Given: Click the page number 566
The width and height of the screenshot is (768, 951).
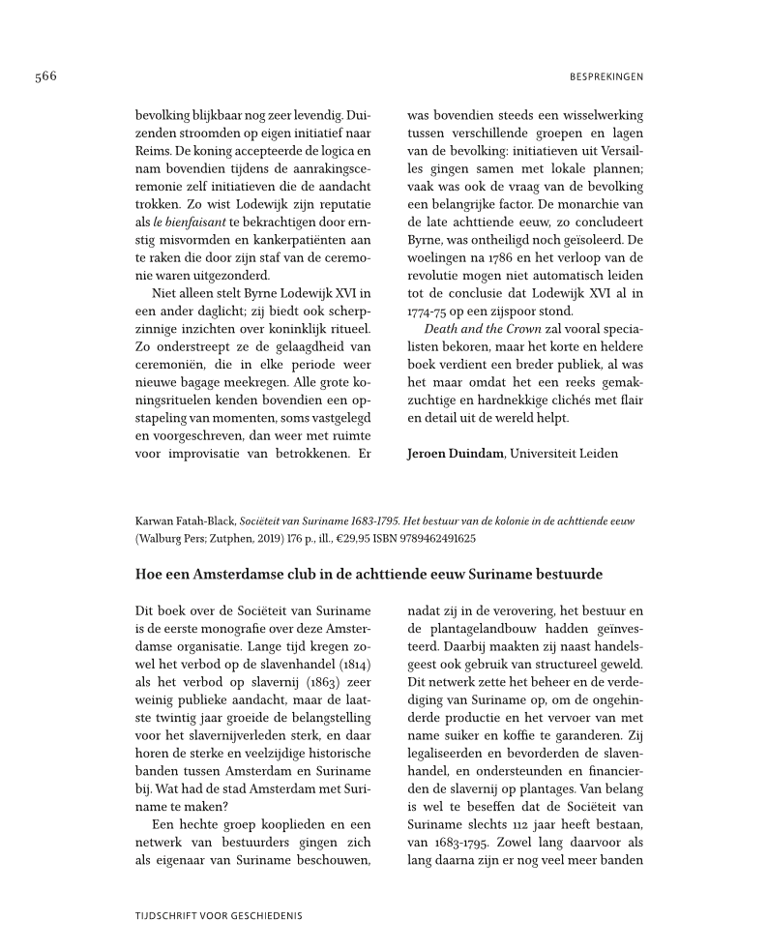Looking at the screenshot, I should tap(45, 76).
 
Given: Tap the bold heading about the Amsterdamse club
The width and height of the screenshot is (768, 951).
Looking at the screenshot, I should tap(369, 574).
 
